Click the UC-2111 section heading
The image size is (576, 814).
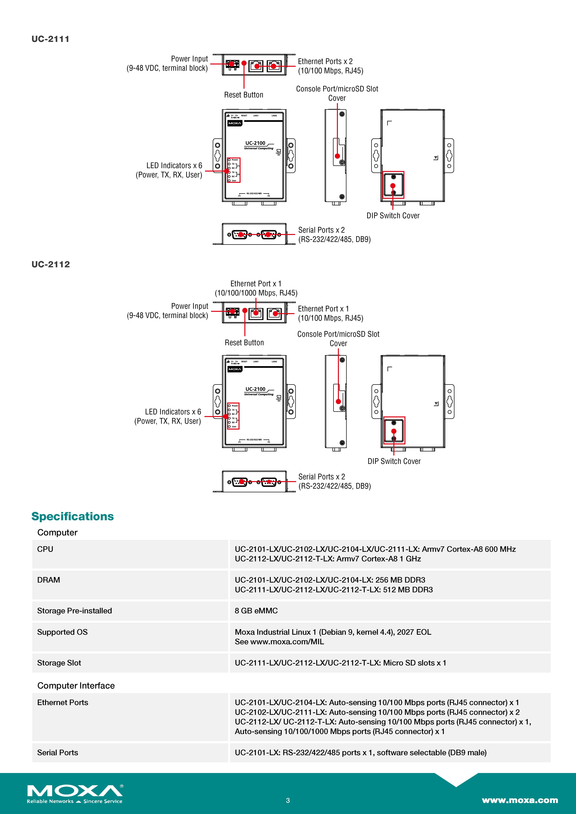(50, 39)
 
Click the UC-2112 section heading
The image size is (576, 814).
(51, 264)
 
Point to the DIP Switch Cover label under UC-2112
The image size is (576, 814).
(394, 461)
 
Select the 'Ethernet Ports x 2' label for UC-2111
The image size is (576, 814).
(325, 61)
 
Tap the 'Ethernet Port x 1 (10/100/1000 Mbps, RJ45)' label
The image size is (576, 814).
(256, 288)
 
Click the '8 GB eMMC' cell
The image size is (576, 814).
(256, 610)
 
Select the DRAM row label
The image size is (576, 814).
(49, 580)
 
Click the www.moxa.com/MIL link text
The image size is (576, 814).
(287, 642)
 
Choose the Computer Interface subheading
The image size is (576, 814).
(76, 686)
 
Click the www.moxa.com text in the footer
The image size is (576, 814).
(520, 800)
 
